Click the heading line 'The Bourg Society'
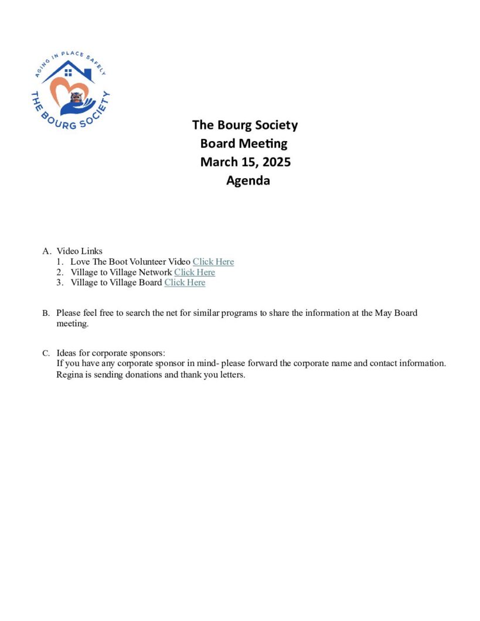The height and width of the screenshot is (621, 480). coord(245,125)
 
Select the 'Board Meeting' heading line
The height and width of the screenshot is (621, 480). coord(244,144)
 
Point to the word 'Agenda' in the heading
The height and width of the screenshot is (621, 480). coord(248,180)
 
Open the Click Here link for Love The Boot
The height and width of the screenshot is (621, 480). coord(213,262)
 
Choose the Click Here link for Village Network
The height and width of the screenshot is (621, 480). coord(195,272)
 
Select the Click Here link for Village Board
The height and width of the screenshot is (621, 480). coord(185,282)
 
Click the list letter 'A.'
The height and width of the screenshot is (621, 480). coord(47,251)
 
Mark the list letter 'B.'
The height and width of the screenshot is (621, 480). coord(46,313)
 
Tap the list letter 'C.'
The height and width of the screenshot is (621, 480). coord(46,353)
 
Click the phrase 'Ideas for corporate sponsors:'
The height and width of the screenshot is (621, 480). coord(111,353)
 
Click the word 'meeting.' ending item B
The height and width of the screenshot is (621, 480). coord(72,323)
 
